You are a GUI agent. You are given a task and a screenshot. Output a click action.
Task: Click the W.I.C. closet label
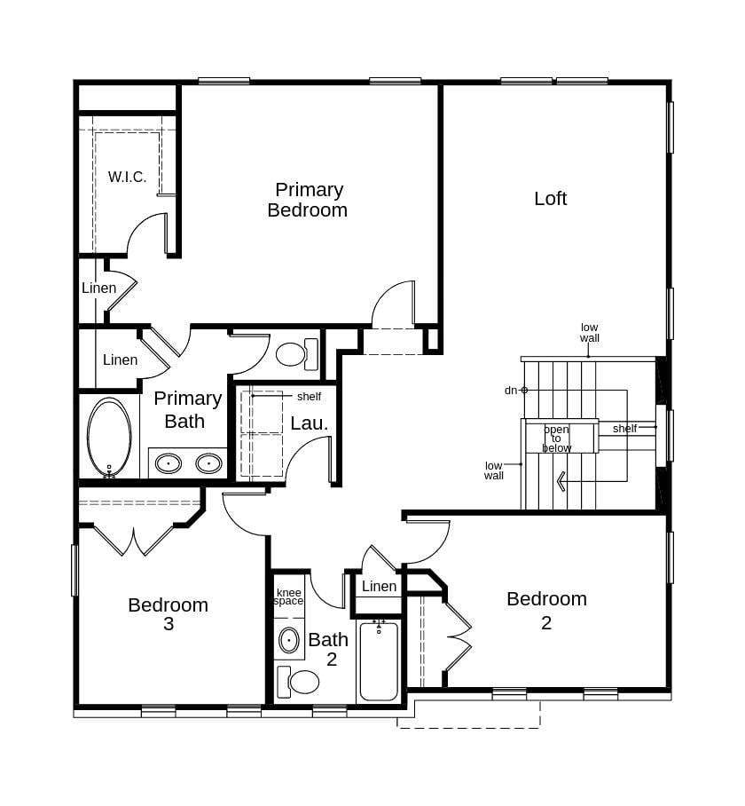[x=128, y=178]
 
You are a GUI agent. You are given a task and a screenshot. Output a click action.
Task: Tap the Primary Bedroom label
[x=308, y=200]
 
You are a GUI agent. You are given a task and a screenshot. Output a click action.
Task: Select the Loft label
[x=550, y=199]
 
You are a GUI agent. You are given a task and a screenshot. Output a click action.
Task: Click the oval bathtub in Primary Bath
[x=109, y=437]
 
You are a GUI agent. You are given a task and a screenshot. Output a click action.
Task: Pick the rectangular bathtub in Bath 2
[x=379, y=661]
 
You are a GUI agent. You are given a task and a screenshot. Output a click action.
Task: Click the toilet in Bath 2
[x=300, y=682]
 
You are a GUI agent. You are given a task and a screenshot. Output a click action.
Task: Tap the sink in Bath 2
[x=289, y=640]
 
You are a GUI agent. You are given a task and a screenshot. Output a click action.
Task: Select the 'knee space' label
[x=288, y=597]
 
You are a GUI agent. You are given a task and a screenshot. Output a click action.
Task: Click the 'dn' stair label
[x=511, y=390]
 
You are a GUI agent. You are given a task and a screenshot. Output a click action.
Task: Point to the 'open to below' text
[x=556, y=439]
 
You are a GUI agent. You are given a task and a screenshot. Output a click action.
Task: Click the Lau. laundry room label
[x=309, y=423]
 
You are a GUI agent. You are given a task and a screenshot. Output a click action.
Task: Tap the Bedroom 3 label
[x=168, y=614]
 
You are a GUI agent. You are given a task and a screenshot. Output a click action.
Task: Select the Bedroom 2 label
[x=546, y=611]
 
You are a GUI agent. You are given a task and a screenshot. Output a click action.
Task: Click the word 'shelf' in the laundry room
[x=309, y=396]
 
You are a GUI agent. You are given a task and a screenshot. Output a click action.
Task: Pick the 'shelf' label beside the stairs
[x=624, y=429]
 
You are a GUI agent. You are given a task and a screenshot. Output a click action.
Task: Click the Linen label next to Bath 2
[x=379, y=587]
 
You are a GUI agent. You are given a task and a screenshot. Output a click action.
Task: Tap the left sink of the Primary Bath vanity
[x=169, y=463]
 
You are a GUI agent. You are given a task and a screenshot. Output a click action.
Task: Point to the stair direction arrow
[x=561, y=481]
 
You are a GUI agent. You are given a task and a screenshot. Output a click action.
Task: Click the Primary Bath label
[x=187, y=409]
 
